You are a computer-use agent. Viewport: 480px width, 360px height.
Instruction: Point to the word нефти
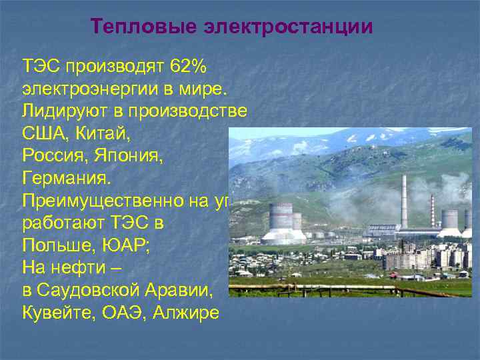(81, 267)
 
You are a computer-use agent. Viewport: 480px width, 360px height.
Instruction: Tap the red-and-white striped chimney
(432, 210)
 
